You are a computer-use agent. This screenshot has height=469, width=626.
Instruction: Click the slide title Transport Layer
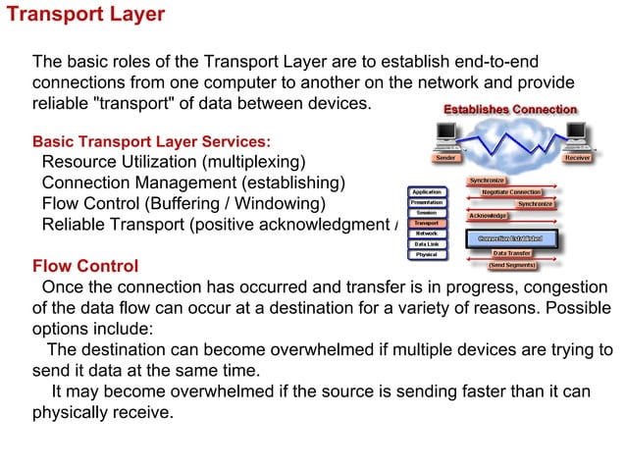tap(86, 15)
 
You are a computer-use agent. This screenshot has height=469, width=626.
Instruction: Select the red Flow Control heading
tap(85, 266)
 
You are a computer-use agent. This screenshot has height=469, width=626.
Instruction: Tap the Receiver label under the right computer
tap(577, 157)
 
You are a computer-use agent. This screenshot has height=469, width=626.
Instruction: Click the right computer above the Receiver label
tap(577, 132)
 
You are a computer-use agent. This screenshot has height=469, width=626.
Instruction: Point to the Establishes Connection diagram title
tap(510, 109)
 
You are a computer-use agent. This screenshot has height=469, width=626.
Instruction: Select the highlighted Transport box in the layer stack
tap(426, 224)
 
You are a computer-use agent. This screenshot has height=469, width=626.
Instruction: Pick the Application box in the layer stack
tap(426, 192)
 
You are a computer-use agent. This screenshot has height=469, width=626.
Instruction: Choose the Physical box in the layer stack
tap(426, 254)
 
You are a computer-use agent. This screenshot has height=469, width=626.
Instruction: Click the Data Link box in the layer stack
tap(426, 244)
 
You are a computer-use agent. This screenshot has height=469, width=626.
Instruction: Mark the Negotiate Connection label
tap(511, 191)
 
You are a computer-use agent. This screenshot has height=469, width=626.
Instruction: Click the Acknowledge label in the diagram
tap(488, 215)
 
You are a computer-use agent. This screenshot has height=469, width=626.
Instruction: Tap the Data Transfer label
tap(512, 253)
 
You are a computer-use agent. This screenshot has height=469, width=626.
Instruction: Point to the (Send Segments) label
tap(512, 265)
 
